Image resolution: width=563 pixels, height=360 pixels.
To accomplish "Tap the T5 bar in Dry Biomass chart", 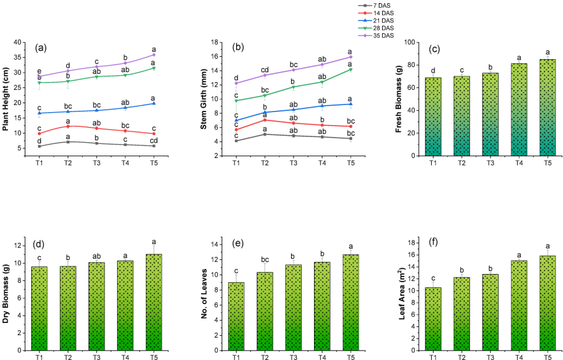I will tap(153, 302).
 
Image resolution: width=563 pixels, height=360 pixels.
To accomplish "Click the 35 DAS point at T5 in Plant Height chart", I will tap(153, 55).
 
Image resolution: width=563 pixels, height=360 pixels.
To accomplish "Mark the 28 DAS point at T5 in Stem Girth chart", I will tap(350, 69).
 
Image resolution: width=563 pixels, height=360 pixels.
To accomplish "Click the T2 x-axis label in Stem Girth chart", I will tap(265, 164).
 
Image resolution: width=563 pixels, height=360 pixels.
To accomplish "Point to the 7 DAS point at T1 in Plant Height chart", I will tap(39, 146).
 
